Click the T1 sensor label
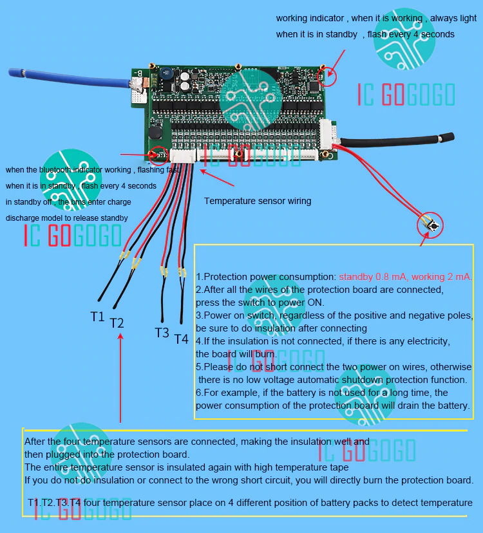click(97, 316)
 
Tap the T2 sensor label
click(117, 323)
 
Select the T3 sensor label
click(162, 332)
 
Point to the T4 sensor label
click(181, 339)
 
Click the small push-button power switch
click(431, 225)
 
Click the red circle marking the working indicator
click(328, 76)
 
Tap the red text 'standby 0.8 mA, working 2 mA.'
click(406, 277)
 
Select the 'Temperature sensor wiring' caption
click(258, 201)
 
